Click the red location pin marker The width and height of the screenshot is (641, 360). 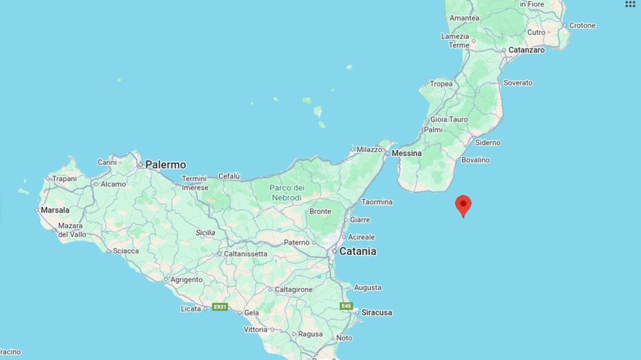coord(463,205)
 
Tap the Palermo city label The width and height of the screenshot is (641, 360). coord(165,165)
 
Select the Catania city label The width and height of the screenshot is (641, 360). coord(357,251)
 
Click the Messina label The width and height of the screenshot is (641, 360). coord(406,153)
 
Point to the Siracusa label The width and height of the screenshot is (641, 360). coord(376,312)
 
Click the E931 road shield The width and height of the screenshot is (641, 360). coord(219,307)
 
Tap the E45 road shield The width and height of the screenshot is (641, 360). coord(347,306)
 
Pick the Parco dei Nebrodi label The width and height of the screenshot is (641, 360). coord(286,192)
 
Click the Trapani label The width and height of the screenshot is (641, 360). coord(64,178)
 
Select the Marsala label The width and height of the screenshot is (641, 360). coord(55,210)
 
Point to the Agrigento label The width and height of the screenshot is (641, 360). coord(186,280)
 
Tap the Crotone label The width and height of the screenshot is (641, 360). coord(582,26)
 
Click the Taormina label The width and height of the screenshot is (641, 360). coord(377,202)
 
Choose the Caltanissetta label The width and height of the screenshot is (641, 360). coord(245,254)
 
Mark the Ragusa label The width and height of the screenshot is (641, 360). coord(310,334)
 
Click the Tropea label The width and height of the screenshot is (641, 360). coord(441,84)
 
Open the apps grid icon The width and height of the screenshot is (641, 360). coord(630,4)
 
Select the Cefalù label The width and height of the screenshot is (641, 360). coord(229,176)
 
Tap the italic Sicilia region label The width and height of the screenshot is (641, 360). coord(205,233)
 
